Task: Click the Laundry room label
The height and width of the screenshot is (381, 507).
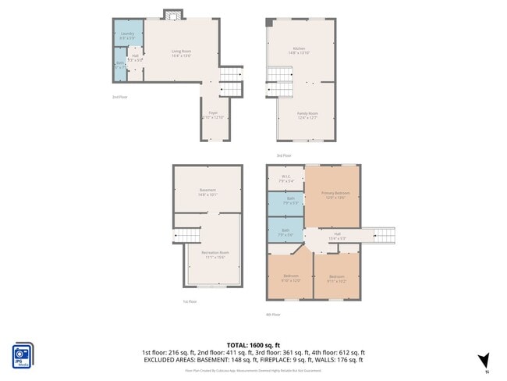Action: [126, 35]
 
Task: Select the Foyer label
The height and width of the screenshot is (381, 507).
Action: [212, 115]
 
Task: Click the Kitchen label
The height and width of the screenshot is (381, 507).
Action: [299, 51]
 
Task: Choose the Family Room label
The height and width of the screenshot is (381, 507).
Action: [307, 115]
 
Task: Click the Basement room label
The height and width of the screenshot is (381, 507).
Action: [207, 192]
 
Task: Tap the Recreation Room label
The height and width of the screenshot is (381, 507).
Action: [214, 255]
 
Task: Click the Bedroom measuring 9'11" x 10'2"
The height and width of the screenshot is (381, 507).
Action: [336, 278]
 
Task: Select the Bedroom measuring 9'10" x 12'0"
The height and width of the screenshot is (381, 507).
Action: [290, 278]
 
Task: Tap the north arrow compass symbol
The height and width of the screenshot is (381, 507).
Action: [484, 360]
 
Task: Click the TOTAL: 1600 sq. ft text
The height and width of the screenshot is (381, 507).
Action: [253, 344]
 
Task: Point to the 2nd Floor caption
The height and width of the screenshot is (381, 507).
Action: [119, 98]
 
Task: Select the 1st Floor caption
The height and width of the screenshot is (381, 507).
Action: [190, 301]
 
